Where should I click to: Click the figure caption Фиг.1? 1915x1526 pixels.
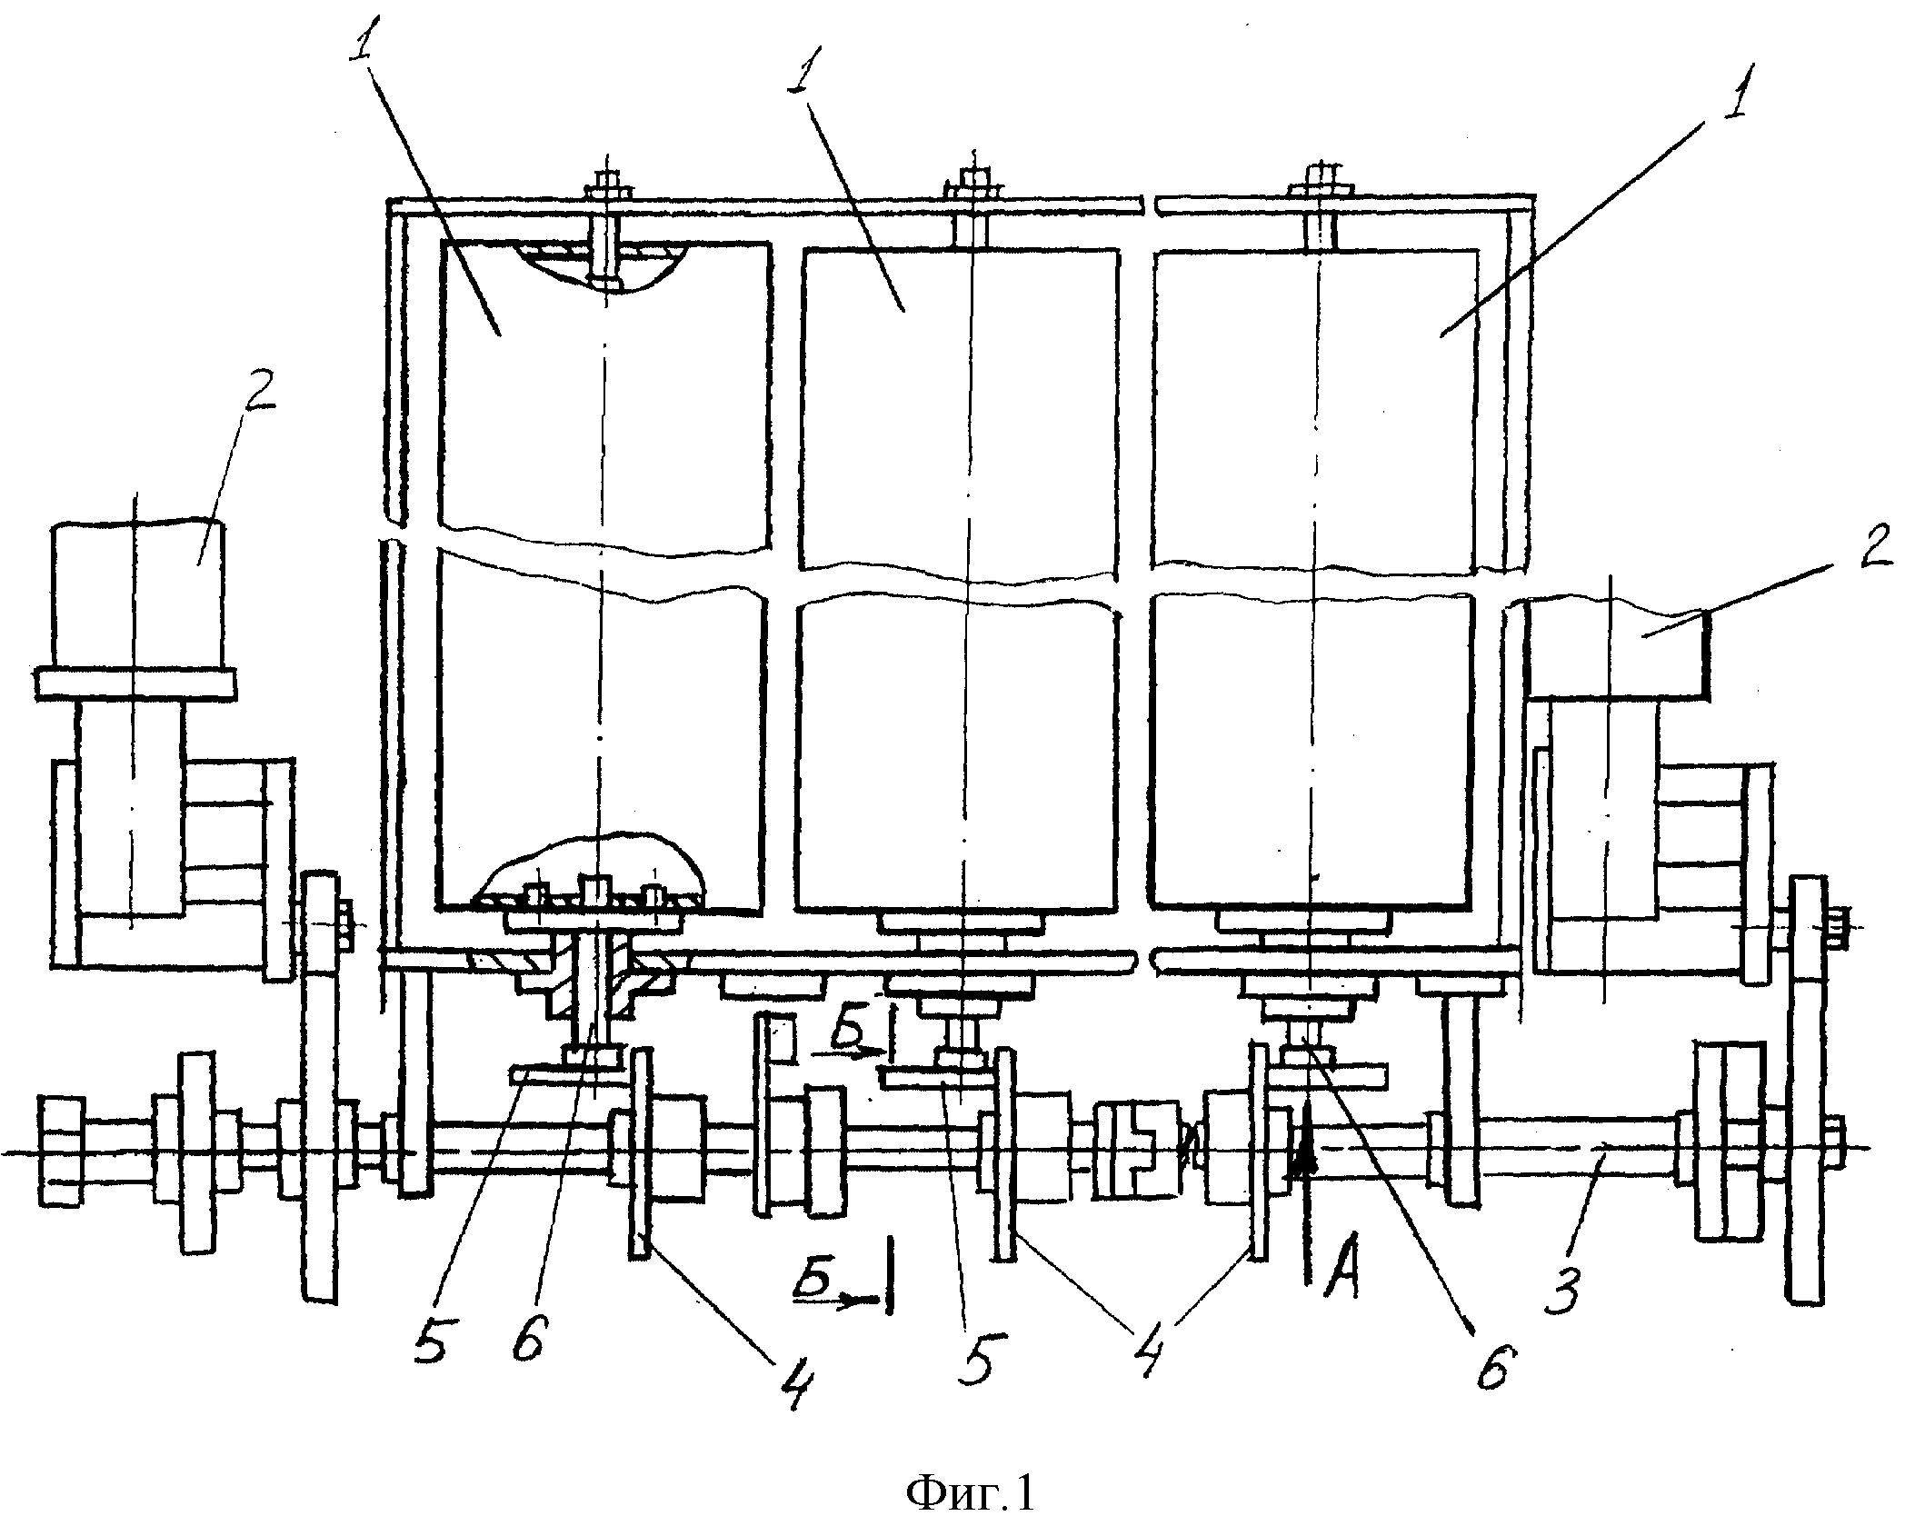[x=971, y=1492]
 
